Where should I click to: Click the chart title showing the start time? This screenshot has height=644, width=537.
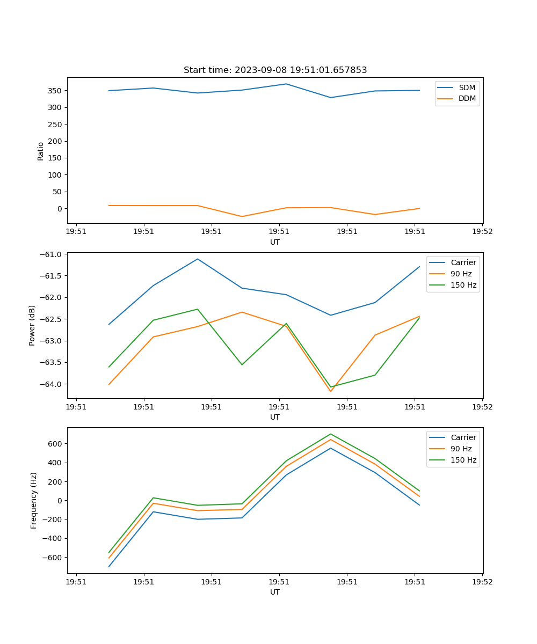(x=275, y=70)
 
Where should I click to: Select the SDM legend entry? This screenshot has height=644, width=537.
(x=467, y=87)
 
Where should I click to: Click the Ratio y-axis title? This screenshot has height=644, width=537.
(x=41, y=151)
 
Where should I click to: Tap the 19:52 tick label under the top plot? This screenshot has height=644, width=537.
(x=482, y=232)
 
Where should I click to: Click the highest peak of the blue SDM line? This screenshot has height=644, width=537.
(x=286, y=84)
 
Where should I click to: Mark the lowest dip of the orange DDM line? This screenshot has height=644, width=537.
(x=242, y=216)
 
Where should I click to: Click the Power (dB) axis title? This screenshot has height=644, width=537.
(x=33, y=325)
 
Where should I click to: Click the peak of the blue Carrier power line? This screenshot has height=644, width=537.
(x=198, y=259)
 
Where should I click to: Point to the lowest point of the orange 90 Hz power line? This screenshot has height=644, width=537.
(x=331, y=391)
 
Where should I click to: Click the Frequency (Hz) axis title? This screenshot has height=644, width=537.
(x=34, y=500)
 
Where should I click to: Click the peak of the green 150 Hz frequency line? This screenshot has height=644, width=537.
(x=331, y=434)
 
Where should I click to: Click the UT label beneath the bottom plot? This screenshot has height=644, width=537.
(x=275, y=592)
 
